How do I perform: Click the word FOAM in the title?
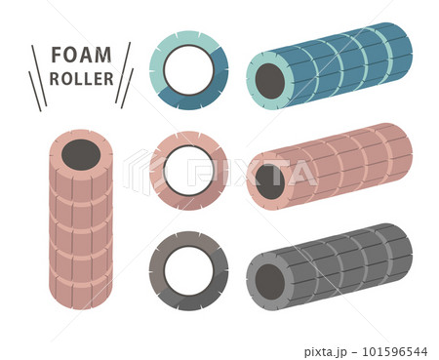(x=81, y=55)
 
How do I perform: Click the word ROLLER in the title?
(x=81, y=79)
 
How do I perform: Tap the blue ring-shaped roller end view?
(x=158, y=70)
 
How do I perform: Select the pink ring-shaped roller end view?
(x=158, y=171)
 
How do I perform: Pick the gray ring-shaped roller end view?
(x=158, y=270)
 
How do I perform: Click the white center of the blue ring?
(x=188, y=70)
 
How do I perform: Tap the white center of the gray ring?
(x=188, y=271)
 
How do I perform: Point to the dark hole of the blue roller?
(x=270, y=81)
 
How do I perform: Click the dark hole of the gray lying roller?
(x=270, y=282)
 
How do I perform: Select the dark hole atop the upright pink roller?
(x=81, y=155)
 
